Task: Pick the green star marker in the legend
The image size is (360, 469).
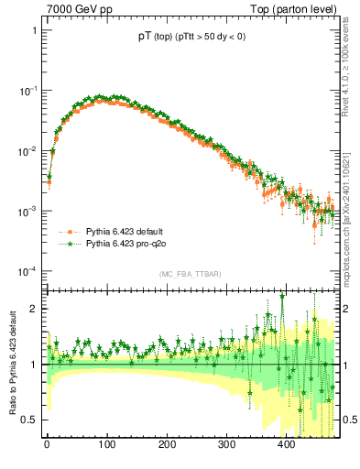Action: pos(67,245)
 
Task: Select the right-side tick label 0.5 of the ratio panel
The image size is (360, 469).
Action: pos(350,420)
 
